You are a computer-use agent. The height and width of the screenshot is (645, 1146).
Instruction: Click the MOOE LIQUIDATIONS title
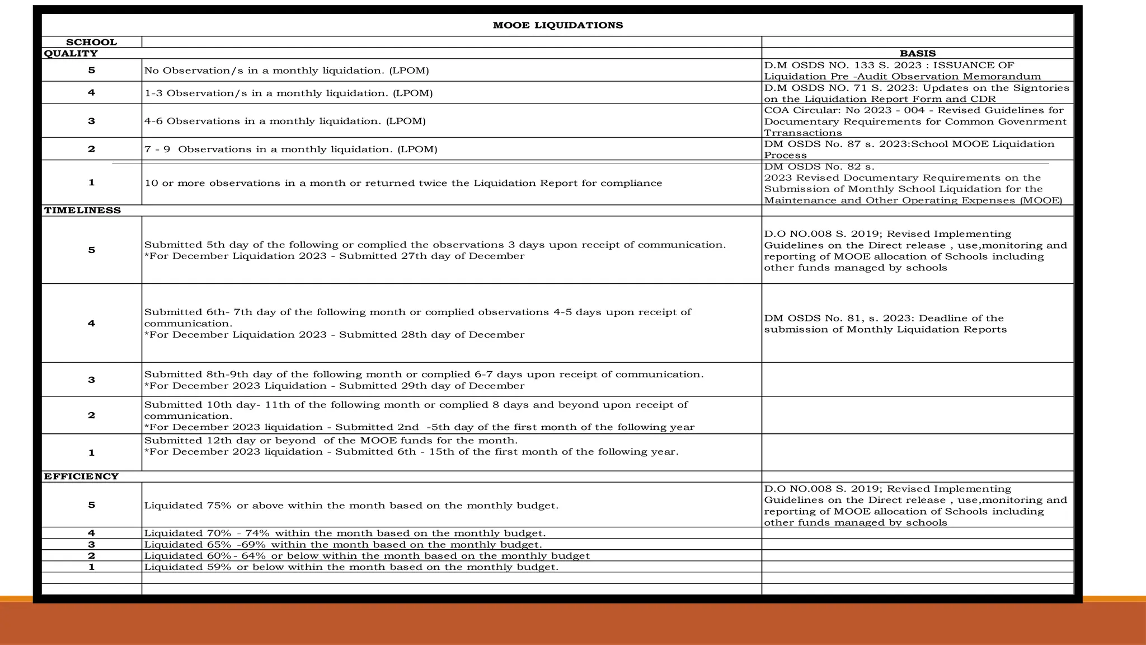point(557,25)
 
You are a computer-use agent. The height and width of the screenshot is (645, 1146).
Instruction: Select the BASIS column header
point(917,53)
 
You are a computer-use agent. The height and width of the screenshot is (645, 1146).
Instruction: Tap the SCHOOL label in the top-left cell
point(91,42)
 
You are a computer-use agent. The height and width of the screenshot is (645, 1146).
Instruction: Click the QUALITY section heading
point(71,53)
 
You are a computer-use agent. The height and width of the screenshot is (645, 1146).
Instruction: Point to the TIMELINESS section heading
point(82,211)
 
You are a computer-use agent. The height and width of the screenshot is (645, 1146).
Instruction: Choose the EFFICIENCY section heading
point(81,476)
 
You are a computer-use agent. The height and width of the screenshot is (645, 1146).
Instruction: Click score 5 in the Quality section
point(91,70)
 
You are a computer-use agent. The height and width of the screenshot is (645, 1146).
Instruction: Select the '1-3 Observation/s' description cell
point(288,93)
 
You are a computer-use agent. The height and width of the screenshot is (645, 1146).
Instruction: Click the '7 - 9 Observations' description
point(291,149)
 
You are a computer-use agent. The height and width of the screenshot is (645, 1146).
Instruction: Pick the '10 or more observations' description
point(403,183)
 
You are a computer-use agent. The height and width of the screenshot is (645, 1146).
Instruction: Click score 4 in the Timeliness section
point(91,323)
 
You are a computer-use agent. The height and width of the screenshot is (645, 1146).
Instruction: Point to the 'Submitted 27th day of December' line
point(335,256)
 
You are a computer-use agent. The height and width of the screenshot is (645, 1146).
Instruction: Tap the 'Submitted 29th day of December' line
point(335,386)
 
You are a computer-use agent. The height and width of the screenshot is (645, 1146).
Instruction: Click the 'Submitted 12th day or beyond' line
point(331,441)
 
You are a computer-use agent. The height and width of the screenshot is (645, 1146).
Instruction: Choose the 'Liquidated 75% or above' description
point(351,506)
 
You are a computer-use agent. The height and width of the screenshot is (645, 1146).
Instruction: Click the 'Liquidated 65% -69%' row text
point(342,544)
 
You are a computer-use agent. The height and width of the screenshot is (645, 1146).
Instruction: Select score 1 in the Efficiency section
point(91,567)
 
